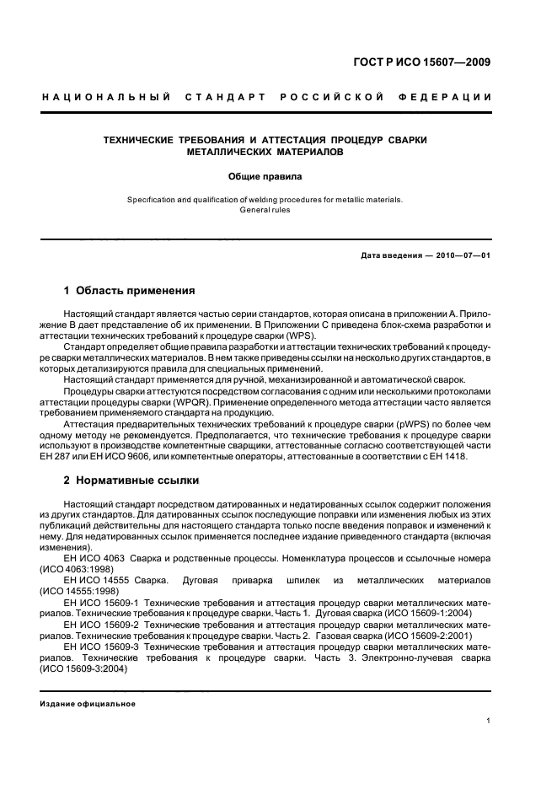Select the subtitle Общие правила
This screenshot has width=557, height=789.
[265, 177]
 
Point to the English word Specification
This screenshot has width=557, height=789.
[153, 200]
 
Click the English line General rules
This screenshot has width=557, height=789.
[265, 210]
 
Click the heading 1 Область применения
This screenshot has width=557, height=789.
[130, 292]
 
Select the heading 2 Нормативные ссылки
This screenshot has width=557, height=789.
[131, 480]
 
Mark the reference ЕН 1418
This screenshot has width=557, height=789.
[448, 456]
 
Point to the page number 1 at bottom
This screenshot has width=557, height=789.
[489, 720]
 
